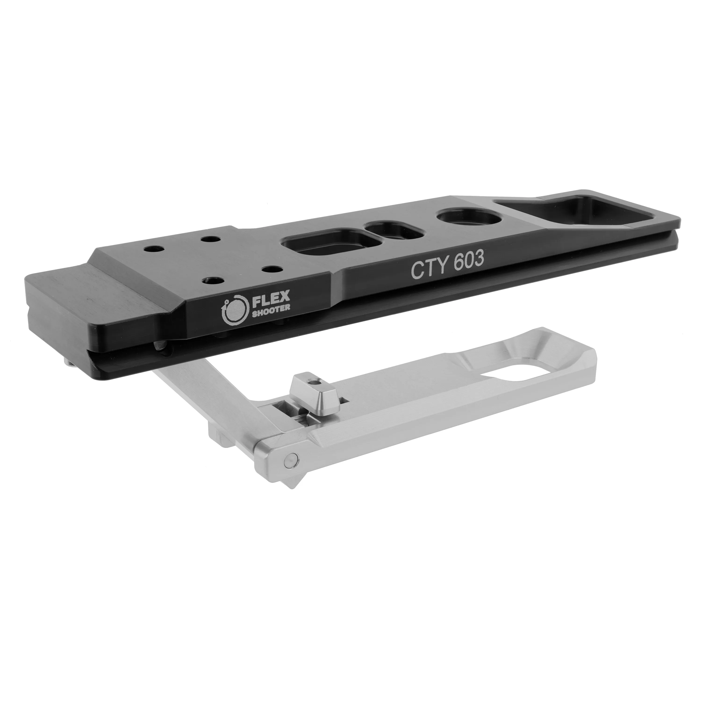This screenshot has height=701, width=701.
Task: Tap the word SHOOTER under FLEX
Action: pos(271,308)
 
